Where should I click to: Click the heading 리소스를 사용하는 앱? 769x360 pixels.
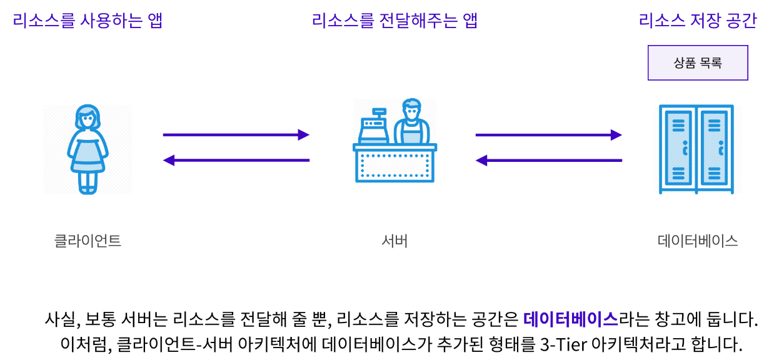88,21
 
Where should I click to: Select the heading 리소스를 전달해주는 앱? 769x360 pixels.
395,21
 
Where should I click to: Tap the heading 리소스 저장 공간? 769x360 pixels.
698,21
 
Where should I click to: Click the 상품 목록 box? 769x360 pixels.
698,62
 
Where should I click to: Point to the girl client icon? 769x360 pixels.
88,149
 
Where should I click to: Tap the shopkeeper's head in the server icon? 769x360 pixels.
411,109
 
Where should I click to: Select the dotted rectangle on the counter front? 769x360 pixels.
395,166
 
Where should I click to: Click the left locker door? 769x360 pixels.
678,148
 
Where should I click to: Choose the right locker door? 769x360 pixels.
715,148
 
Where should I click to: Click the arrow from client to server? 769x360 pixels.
236,135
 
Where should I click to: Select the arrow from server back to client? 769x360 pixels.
236,160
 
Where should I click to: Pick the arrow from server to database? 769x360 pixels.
548,135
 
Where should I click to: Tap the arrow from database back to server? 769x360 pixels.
548,160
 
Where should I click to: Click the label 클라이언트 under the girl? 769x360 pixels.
88,241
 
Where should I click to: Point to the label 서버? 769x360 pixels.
395,241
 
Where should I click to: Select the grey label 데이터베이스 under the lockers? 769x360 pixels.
698,241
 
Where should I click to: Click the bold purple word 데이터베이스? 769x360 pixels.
571,319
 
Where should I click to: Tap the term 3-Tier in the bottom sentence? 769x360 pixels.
564,344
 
